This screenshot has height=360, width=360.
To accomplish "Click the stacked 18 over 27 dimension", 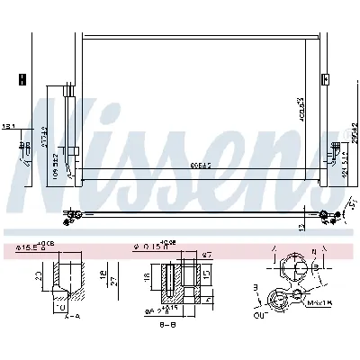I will point(106,277).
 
